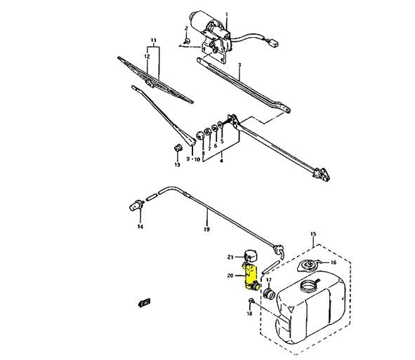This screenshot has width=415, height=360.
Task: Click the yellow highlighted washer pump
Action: tap(251, 277)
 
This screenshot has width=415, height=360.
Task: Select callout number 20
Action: tap(230, 276)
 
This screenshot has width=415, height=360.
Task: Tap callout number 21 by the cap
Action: tap(230, 257)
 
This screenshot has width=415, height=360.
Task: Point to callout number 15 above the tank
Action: tap(313, 234)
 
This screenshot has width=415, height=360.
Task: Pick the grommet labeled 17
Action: tap(269, 294)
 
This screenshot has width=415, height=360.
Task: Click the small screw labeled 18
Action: tap(251, 300)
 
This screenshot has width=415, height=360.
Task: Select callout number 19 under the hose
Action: tap(206, 229)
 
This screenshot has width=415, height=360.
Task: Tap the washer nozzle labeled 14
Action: tap(136, 205)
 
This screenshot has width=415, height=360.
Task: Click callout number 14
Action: tap(140, 227)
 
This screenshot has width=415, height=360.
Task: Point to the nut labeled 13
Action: tap(178, 148)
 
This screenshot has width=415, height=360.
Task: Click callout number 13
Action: tap(178, 165)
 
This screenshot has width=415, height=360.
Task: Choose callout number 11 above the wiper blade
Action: tap(154, 41)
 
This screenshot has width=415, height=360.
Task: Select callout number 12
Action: tap(147, 56)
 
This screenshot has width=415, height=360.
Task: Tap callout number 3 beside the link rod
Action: tap(239, 65)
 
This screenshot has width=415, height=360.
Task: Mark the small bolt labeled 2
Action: tap(187, 41)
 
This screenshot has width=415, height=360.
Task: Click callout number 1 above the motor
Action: tap(226, 14)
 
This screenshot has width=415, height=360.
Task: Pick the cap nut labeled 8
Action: tap(200, 135)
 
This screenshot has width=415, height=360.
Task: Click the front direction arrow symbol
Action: tap(145, 302)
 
